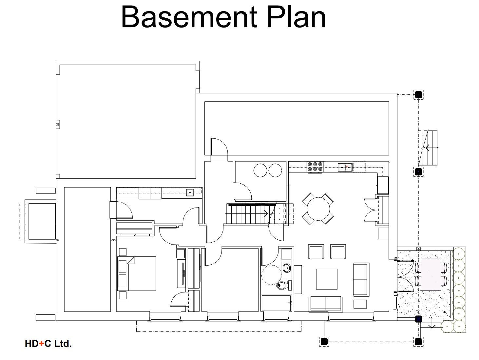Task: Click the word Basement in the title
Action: coord(189,17)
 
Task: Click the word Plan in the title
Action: coord(296,17)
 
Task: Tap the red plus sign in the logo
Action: coord(41,344)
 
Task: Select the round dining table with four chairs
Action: coord(318,209)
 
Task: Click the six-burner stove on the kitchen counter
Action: coord(315,167)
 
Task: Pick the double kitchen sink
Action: coord(345,167)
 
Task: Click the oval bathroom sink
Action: coord(287,268)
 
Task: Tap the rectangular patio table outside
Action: coord(431,274)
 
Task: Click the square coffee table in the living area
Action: coord(326,279)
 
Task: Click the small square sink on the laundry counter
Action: coord(190,192)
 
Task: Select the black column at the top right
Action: coord(418,94)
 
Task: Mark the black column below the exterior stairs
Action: coord(418,171)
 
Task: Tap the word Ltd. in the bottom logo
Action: coord(63,344)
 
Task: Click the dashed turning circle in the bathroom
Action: coord(271,275)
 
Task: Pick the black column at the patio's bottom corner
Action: coord(418,319)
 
